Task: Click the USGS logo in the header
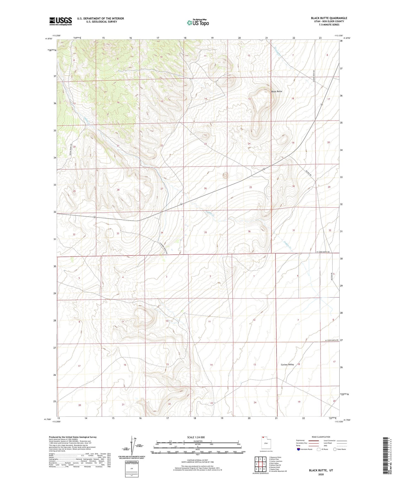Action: [x=61, y=21]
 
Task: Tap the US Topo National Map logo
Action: [x=197, y=23]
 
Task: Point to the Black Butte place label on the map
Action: [x=277, y=92]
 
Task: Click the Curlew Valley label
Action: [x=287, y=365]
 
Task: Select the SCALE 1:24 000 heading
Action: [x=196, y=437]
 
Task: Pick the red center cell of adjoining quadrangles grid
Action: [x=260, y=464]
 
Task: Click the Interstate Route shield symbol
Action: [x=299, y=449]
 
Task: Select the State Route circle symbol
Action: [x=335, y=449]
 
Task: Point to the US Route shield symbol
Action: [x=319, y=449]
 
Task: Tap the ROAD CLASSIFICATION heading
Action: [x=321, y=437]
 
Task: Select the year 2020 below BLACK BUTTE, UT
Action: [x=321, y=474]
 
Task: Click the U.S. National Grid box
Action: [x=131, y=469]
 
